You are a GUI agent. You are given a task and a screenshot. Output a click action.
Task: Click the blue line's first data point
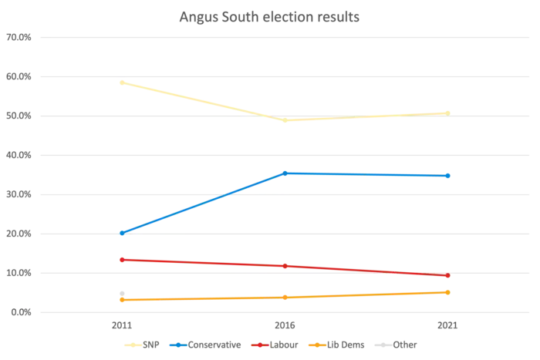click(121, 232)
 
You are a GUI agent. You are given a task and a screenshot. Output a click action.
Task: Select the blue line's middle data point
click(285, 173)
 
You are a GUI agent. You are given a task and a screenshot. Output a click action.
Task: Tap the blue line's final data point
click(448, 176)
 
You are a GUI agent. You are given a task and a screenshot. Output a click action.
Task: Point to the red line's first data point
click(121, 259)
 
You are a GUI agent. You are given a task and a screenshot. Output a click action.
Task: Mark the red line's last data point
click(447, 276)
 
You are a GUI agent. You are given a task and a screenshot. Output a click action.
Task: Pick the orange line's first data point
click(121, 299)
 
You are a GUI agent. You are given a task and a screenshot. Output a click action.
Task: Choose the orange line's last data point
click(447, 291)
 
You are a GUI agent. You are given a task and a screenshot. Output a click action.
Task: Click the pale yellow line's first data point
click(121, 81)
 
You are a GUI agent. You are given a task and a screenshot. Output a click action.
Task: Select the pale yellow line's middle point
click(285, 119)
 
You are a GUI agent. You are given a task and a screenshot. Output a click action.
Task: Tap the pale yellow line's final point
click(447, 113)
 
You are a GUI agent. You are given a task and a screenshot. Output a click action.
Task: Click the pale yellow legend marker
click(133, 345)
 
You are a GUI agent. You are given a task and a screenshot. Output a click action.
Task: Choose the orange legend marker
click(315, 345)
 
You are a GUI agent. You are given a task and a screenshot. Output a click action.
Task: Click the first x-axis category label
click(122, 327)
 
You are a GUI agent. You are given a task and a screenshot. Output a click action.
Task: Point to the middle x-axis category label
click(285, 327)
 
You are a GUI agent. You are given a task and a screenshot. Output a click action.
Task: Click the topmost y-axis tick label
click(19, 36)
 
